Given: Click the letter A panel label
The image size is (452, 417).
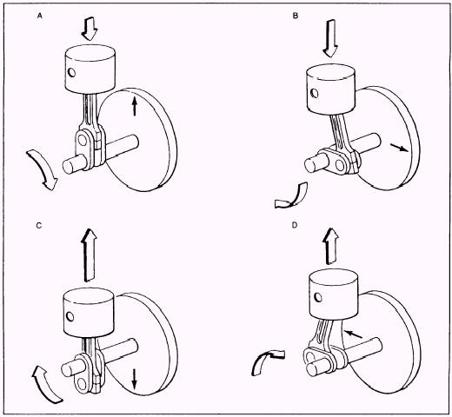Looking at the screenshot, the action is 40,17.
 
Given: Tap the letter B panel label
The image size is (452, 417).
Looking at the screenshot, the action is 296,16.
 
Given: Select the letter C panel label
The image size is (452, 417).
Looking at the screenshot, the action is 39,225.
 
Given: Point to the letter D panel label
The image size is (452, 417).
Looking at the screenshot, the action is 295,225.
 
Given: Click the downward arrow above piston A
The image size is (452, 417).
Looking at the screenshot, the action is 90,29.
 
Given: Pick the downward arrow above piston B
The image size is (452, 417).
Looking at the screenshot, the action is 330,38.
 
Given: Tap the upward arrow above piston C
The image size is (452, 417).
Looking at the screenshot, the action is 90,255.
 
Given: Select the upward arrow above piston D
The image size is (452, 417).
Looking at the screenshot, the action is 331,246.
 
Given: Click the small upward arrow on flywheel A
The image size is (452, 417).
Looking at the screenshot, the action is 134,106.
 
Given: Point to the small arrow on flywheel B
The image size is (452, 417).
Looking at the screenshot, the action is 399,148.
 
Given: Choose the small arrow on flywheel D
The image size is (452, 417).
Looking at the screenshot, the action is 353,334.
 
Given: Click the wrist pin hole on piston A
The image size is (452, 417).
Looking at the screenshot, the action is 72,73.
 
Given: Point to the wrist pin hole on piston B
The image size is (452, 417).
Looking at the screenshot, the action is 315,94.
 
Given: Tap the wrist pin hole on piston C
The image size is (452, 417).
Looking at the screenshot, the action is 70,317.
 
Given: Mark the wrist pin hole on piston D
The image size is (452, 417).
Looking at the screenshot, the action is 318,297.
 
